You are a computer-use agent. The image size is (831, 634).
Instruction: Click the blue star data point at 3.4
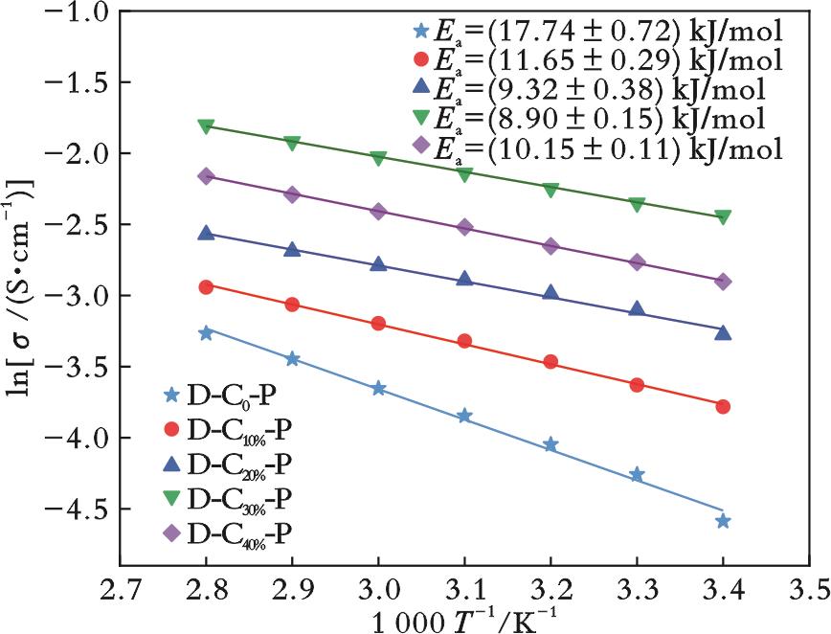723,521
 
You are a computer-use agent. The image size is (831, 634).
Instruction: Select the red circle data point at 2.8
206,286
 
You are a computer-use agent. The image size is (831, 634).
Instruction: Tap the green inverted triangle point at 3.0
378,158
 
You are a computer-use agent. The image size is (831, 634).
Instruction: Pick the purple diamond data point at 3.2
550,245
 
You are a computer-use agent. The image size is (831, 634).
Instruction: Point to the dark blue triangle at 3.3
637,308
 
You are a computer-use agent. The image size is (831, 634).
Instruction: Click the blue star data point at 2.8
206,332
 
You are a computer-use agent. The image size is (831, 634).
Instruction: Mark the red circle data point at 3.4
723,406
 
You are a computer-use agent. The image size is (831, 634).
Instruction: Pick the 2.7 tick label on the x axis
120,584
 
